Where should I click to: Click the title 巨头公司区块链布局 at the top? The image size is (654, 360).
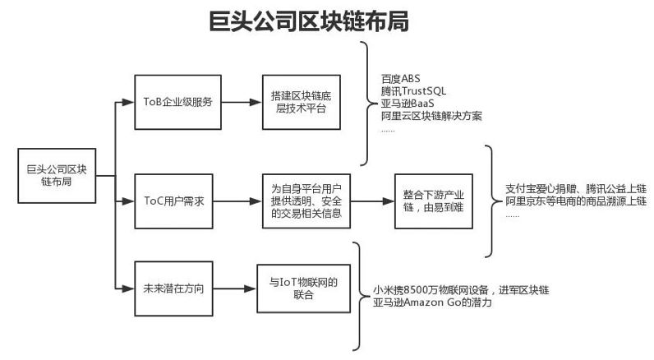tap(308, 21)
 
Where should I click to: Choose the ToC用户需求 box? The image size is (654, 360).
tap(173, 200)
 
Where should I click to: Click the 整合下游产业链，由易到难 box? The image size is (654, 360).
tap(434, 200)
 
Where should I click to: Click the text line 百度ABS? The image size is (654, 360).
tap(400, 78)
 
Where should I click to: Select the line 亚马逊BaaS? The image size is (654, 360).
tap(408, 104)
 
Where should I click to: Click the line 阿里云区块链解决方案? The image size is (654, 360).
tap(431, 116)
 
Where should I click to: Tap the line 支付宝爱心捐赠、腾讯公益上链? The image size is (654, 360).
tap(575, 188)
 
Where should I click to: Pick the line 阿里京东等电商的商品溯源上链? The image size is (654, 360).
tap(576, 201)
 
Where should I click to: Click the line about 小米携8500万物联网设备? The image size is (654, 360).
tap(460, 289)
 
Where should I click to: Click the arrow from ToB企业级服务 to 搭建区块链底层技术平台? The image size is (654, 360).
tap(237, 103)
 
